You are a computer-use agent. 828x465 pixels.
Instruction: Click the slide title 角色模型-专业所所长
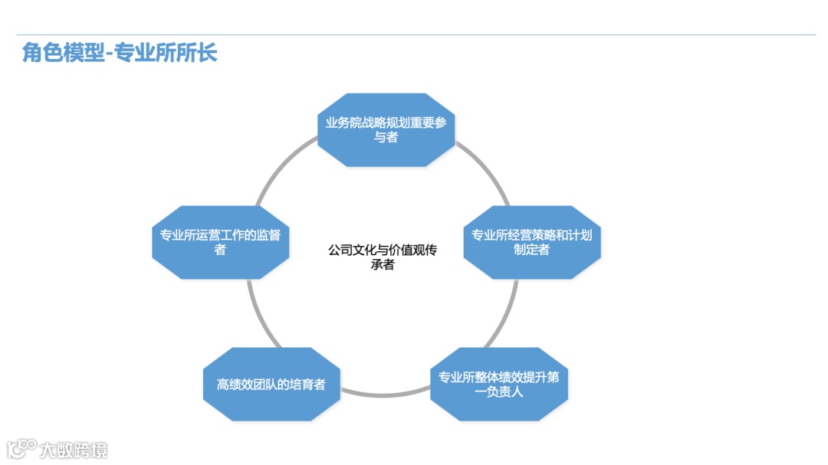click(120, 53)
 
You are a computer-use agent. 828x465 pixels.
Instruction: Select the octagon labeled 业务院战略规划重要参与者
click(386, 130)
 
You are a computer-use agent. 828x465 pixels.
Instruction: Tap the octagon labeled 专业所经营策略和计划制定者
click(531, 242)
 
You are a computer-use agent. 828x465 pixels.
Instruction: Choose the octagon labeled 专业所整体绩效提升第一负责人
click(498, 385)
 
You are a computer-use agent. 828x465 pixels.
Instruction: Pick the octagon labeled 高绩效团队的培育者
click(271, 385)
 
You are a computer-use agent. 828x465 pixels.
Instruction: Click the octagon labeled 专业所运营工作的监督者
click(220, 242)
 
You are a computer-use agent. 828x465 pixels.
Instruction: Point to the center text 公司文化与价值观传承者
click(383, 257)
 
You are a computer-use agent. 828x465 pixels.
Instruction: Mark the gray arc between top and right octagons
click(485, 170)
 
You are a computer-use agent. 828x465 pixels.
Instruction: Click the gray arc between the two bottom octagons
click(386, 395)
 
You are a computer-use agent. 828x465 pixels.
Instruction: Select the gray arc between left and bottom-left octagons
click(255, 318)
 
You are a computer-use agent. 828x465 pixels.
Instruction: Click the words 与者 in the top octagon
click(386, 138)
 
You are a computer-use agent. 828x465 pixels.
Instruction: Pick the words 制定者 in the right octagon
click(531, 250)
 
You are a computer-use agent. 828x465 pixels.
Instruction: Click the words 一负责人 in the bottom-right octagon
click(498, 392)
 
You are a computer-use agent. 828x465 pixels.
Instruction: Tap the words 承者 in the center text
click(383, 265)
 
